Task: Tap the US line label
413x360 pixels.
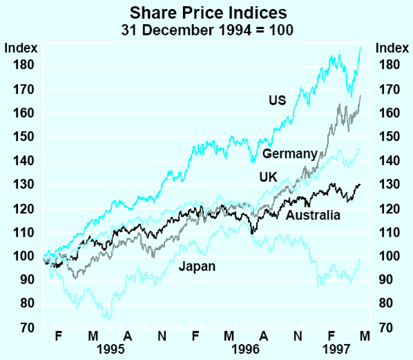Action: click(x=277, y=100)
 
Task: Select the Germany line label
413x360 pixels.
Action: click(x=289, y=153)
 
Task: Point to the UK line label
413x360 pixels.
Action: click(x=268, y=177)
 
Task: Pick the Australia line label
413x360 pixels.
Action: click(x=313, y=216)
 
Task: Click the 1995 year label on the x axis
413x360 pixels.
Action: click(x=111, y=348)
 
